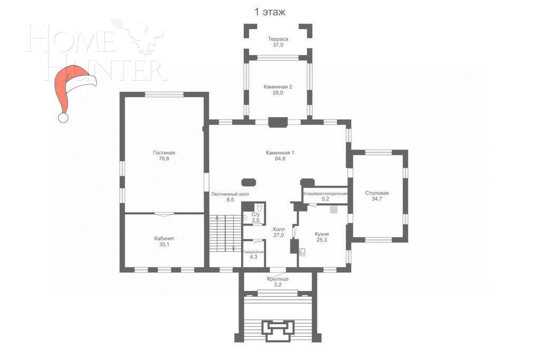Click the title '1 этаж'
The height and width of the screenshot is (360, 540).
pos(270,12)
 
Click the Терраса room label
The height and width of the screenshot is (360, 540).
pos(277,39)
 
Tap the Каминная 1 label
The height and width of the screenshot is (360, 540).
pos(280,152)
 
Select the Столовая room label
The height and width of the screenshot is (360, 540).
pos(377,193)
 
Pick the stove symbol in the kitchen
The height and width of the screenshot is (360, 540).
pos(334,209)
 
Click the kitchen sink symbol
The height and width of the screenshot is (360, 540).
pos(303,251)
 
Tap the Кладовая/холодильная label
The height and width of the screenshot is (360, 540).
pos(325,193)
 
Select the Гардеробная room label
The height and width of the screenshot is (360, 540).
pos(254,251)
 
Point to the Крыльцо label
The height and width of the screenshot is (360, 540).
pos(277,279)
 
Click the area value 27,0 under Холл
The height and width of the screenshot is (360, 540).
pos(278,236)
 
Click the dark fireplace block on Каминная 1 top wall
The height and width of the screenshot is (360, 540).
pos(277,122)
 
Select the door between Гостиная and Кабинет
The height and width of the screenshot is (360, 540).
pos(163,213)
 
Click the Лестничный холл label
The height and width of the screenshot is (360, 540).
pos(230,194)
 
